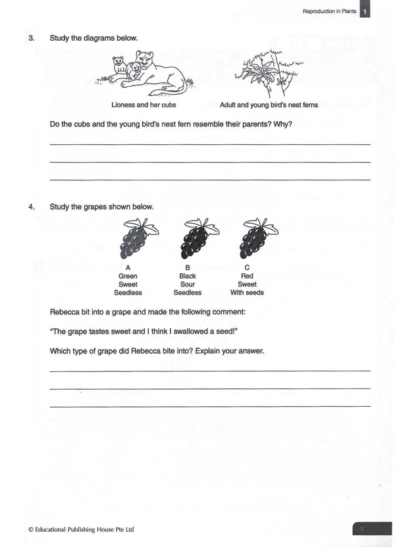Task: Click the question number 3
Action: point(30,38)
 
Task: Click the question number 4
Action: point(30,207)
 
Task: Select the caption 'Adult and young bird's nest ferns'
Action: point(269,105)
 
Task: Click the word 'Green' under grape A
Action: point(128,276)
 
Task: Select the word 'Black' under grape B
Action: point(188,276)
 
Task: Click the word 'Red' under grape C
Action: point(247,276)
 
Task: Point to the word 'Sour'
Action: point(188,284)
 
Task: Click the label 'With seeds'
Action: point(247,292)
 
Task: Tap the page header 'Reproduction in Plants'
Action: point(329,11)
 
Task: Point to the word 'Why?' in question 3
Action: point(283,124)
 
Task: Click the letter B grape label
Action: point(188,268)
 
